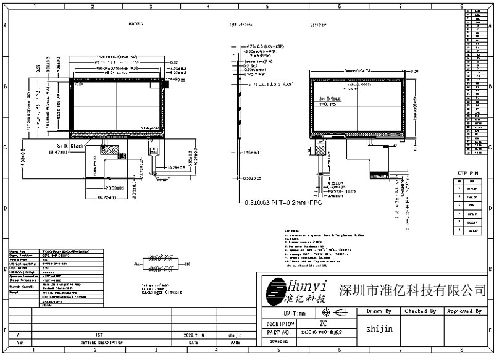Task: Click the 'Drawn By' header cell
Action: click(x=379, y=311)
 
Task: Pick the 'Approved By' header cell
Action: click(x=464, y=311)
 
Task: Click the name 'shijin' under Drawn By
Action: click(x=379, y=329)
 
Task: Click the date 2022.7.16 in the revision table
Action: click(x=193, y=335)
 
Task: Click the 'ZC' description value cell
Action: click(x=324, y=323)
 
